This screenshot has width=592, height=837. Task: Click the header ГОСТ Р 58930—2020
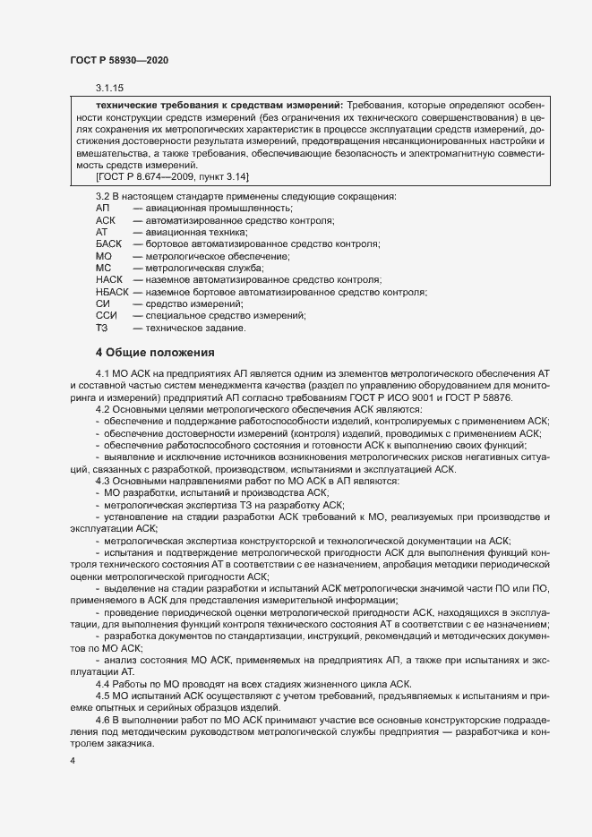pos(118,59)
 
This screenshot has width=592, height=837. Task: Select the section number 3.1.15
pos(109,88)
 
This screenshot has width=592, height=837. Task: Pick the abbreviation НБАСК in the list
pos(112,292)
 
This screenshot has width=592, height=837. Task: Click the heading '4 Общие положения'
pos(155,352)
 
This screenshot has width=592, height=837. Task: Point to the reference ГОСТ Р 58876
pos(496,397)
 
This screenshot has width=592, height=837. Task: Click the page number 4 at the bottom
pos(73,760)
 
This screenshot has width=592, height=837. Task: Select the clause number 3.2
pos(103,196)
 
